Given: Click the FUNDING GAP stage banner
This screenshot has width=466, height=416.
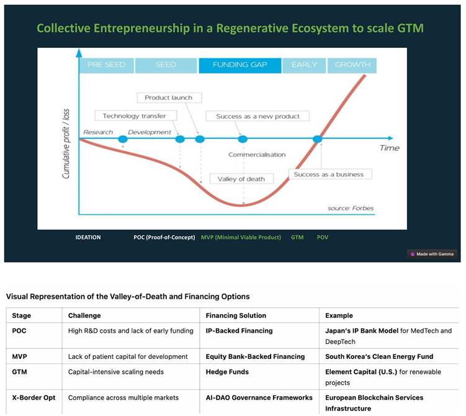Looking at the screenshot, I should coord(240,65).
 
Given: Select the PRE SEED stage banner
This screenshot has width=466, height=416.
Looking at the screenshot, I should coord(106,65).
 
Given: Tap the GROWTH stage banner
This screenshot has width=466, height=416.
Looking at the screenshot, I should coord(352,65).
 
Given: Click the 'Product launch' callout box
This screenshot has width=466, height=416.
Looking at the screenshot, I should coord(168,97).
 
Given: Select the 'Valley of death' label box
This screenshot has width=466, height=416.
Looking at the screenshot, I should coord(241,179).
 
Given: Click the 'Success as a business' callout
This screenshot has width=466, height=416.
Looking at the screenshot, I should coord(328,174).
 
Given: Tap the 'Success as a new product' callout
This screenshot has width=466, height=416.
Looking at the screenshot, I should coord(258,116).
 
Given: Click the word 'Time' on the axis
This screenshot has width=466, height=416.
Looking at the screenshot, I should coord(389,148).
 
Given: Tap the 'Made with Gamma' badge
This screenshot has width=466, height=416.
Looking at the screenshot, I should coord(432,254).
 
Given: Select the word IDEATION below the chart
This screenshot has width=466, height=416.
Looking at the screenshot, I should coord(87,237).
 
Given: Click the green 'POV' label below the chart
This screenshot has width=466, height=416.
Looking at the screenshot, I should coord(323,237).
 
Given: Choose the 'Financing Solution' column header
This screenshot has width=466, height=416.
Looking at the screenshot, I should coord(236,315).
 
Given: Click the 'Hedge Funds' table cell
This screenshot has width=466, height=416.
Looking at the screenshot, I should coord(227,371).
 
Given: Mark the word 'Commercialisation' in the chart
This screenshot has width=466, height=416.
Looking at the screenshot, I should coord(257,155).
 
